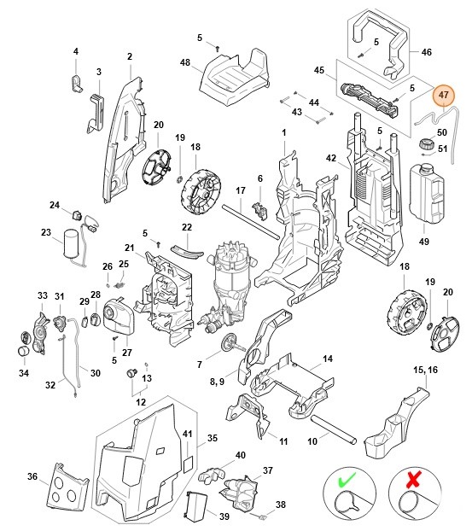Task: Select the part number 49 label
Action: coord(423,242)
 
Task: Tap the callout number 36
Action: coord(32,476)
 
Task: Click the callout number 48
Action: coord(184,61)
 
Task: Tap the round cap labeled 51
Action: coord(422,144)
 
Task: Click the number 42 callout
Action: coord(331,160)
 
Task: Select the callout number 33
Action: coord(42,295)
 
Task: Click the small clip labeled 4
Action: coord(75,82)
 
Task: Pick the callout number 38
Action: coord(281,505)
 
